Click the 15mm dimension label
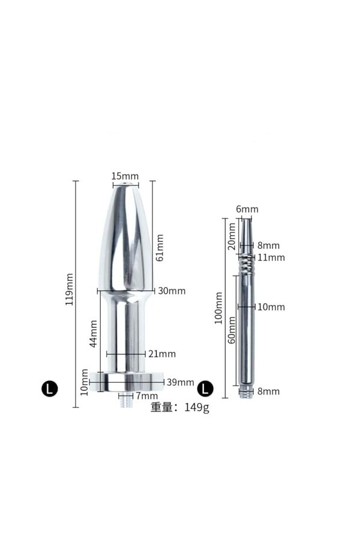point(125,176)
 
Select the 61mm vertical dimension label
point(160,248)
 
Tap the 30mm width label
point(172,291)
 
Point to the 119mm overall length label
point(69,289)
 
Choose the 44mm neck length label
point(93,334)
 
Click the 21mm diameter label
point(162,353)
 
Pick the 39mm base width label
point(181,382)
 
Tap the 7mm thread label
point(147,396)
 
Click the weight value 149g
point(197,407)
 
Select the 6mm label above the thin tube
point(247,209)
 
